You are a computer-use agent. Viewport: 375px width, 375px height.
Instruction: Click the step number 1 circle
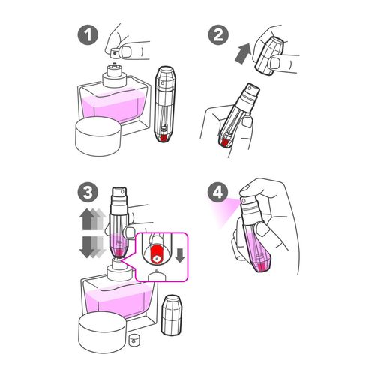[x=88, y=35]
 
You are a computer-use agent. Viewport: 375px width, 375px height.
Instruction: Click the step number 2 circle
[x=218, y=35]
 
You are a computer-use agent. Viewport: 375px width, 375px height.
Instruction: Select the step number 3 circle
[x=88, y=193]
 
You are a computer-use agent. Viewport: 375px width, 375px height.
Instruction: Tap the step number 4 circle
[x=218, y=193]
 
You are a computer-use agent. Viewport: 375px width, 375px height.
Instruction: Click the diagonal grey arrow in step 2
[x=243, y=53]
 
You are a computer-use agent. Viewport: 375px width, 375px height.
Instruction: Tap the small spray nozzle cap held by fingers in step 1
[x=115, y=52]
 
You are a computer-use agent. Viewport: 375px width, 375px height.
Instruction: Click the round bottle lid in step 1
[x=98, y=136]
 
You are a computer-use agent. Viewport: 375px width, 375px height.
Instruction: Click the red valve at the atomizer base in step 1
[x=163, y=138]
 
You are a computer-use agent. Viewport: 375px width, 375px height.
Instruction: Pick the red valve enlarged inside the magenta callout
[x=157, y=254]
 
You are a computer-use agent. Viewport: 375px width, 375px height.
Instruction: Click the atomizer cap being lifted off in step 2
[x=269, y=55]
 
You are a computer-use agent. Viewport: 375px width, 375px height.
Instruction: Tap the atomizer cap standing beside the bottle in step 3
[x=172, y=315]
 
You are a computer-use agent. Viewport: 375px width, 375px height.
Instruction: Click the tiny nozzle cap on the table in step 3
[x=134, y=340]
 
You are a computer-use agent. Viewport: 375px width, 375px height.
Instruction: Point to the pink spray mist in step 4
[x=226, y=210]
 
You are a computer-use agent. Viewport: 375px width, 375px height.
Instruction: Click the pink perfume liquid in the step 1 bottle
[x=112, y=106]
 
